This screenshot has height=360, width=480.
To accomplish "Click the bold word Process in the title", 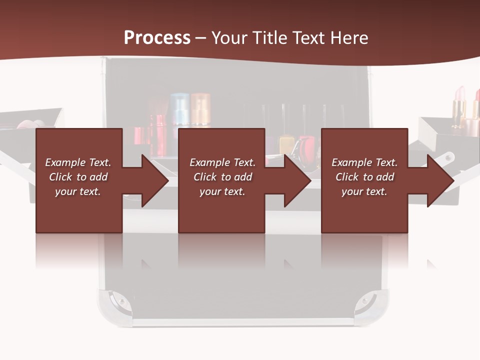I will coord(157,38).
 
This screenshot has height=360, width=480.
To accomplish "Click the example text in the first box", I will coord(78,177).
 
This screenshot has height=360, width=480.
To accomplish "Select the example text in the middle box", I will coord(222,177).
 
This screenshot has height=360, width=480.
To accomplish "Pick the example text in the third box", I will coord(364,177).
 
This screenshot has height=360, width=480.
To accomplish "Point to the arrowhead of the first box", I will coord(155,180).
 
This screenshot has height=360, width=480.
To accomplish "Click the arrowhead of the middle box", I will coord(298,180).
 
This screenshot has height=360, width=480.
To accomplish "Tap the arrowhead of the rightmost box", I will coord(440,180).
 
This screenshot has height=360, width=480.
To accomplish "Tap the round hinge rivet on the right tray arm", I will coord(448,157).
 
